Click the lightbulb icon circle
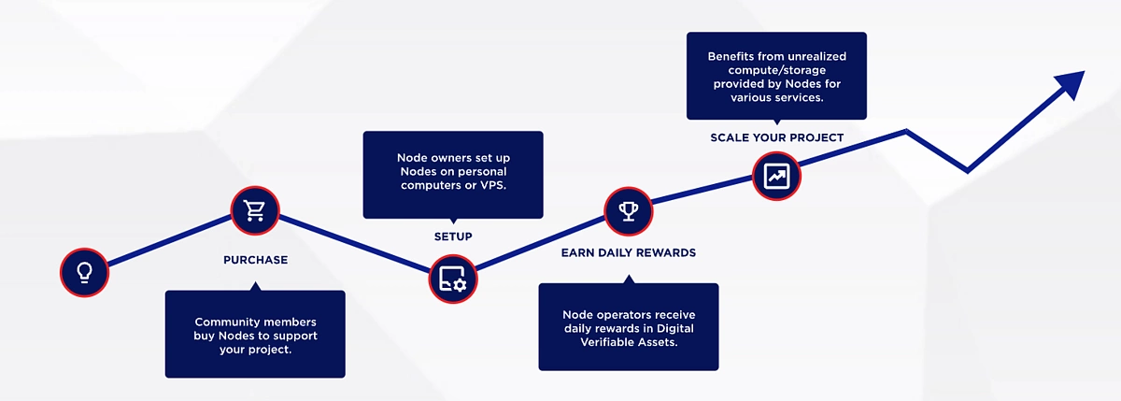pyautogui.click(x=84, y=273)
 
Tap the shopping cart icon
pyautogui.click(x=255, y=210)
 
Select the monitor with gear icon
pyautogui.click(x=452, y=279)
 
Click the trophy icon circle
pyautogui.click(x=628, y=210)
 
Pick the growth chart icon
pyautogui.click(x=776, y=175)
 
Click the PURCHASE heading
pyautogui.click(x=255, y=260)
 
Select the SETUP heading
pyautogui.click(x=453, y=236)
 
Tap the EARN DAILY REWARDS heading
pyautogui.click(x=628, y=253)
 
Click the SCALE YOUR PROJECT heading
pyautogui.click(x=776, y=137)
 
